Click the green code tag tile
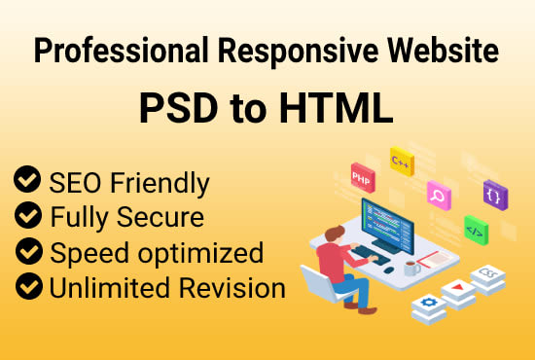tap(477, 232)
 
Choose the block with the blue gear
tap(429, 306)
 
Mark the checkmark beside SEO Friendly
tap(26, 180)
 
